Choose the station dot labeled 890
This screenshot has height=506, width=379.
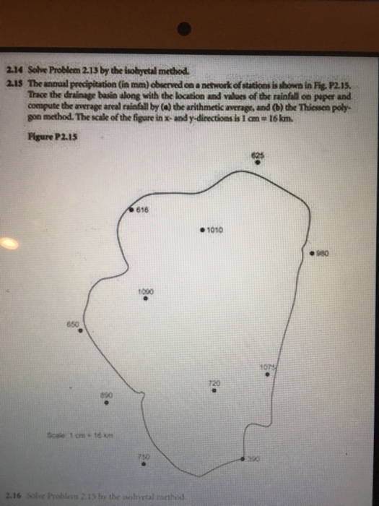click(106, 404)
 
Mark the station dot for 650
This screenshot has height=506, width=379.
click(80, 331)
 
